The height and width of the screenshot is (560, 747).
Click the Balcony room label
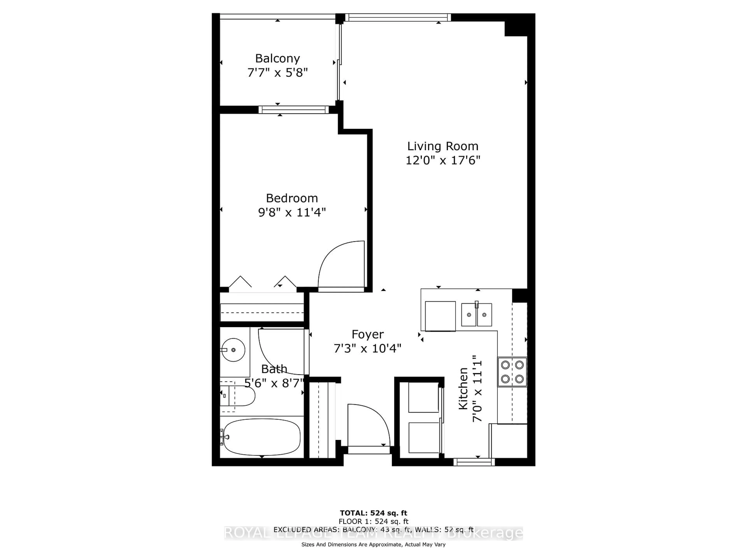pyautogui.click(x=277, y=58)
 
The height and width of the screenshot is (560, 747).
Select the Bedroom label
pyautogui.click(x=292, y=198)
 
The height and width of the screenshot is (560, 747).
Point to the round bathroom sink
pyautogui.click(x=233, y=350)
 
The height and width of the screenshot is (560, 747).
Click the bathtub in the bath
pyautogui.click(x=262, y=437)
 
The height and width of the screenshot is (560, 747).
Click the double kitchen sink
pyautogui.click(x=476, y=315)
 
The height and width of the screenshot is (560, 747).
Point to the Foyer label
pyautogui.click(x=367, y=334)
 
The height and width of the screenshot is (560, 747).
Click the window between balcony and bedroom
pyautogui.click(x=294, y=110)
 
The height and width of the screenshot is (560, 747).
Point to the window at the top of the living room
pyautogui.click(x=398, y=17)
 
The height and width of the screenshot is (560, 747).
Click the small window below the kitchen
pyautogui.click(x=474, y=462)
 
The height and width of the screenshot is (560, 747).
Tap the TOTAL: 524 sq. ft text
pyautogui.click(x=373, y=513)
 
